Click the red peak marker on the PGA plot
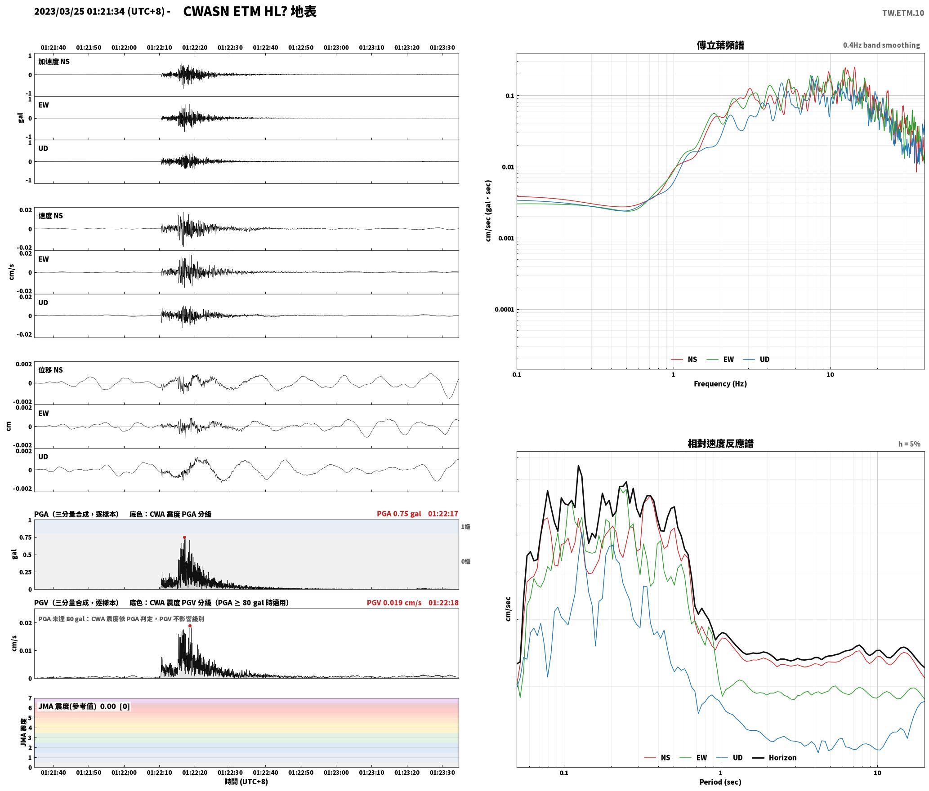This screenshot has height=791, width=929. pos(184,537)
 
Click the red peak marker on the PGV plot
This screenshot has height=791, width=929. pos(190,626)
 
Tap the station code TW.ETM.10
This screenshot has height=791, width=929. pos(903,13)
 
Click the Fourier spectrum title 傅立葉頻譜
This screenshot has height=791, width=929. pos(720,45)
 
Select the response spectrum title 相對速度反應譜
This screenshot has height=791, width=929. pos(720,444)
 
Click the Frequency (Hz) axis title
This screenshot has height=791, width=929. pos(720,383)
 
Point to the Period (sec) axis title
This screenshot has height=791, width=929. pos(720,782)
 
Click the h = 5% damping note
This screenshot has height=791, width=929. pos(909,444)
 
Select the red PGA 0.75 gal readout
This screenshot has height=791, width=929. pos(399,514)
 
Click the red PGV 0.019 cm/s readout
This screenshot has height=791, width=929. pos(394,602)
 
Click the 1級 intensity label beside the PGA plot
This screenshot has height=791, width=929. pos(465,527)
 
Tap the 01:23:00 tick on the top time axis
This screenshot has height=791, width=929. pos(336,48)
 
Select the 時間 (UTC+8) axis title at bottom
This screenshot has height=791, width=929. pos(246,782)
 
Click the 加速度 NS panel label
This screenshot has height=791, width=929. pos(54,62)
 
